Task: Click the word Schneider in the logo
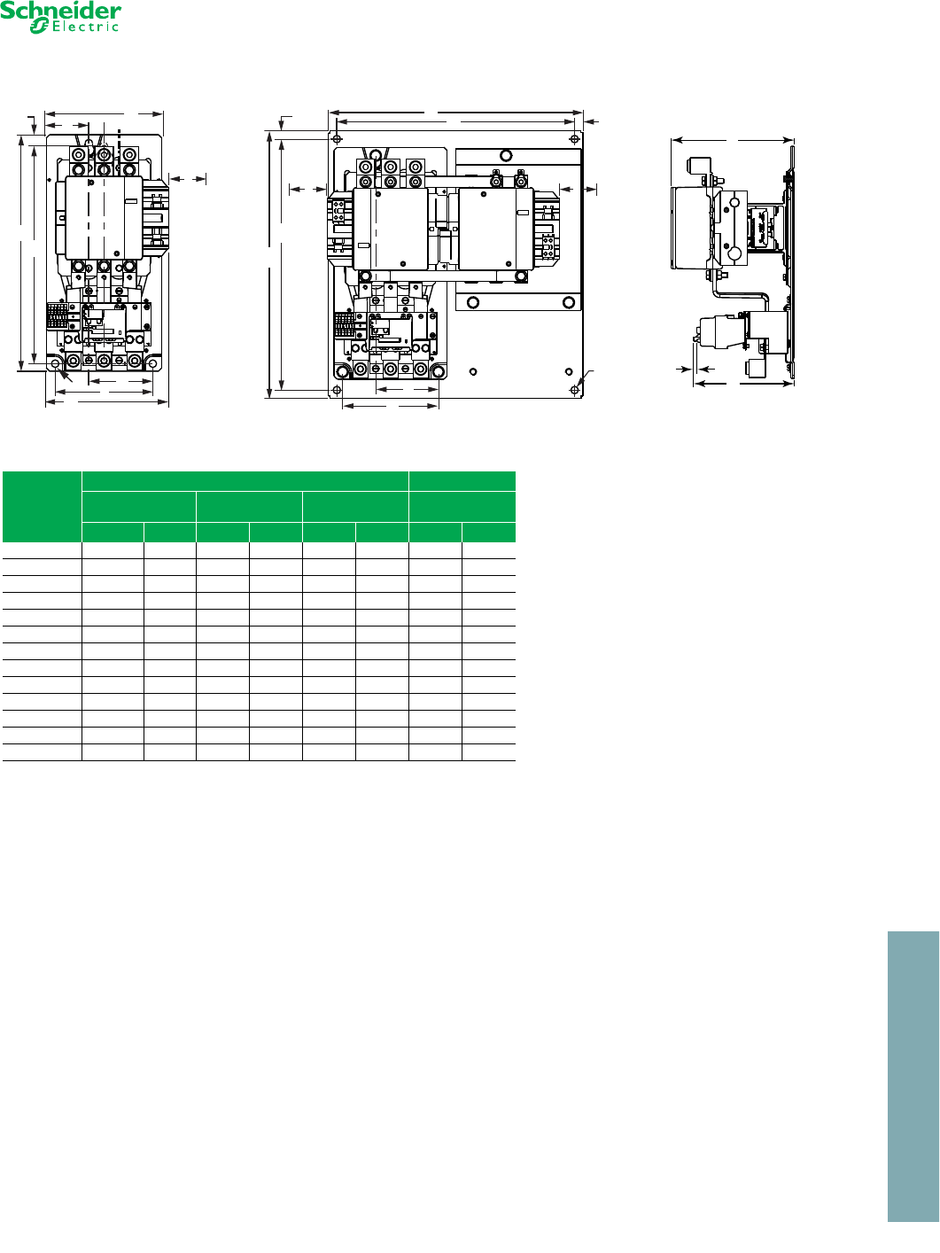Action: tap(60, 11)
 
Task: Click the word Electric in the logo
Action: tap(86, 27)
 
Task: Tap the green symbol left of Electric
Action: tap(39, 26)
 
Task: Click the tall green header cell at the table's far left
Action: tap(42, 506)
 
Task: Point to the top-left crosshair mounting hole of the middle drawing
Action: tap(337, 139)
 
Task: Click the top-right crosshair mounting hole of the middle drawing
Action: tap(575, 139)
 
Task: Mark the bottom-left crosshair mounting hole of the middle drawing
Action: tap(337, 390)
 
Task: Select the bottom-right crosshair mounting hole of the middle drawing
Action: tap(575, 390)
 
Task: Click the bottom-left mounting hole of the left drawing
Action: tap(55, 363)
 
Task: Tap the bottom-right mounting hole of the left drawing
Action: tap(152, 363)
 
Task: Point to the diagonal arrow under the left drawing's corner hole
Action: tap(66, 377)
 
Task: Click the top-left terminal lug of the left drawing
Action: tap(78, 154)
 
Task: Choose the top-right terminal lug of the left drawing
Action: tap(129, 154)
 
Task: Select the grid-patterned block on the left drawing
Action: tap(58, 315)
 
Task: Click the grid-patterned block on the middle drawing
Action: tap(344, 324)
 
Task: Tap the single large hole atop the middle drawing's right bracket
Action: tap(506, 155)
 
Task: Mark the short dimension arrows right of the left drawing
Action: tap(188, 179)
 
